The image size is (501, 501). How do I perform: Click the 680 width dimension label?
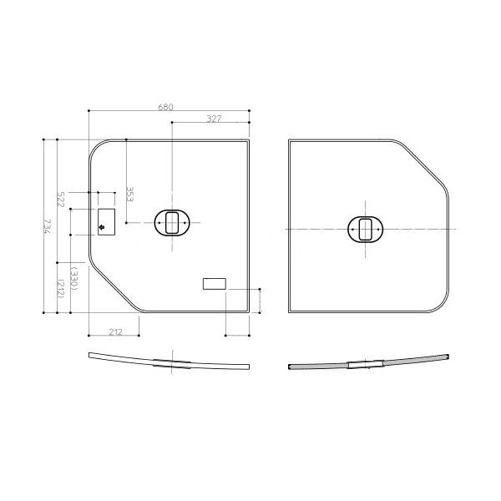(x=165, y=107)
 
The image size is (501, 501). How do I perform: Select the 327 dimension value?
(x=213, y=119)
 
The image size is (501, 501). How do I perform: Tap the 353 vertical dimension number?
(x=130, y=195)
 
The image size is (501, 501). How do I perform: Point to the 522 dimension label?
(x=61, y=200)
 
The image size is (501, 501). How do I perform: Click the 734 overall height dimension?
(x=48, y=227)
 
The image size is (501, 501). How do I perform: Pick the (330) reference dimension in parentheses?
(x=74, y=278)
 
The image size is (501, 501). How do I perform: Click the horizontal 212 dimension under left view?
(x=115, y=331)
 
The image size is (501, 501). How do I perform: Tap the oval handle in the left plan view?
(x=172, y=223)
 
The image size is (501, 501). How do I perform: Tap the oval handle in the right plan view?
(x=365, y=229)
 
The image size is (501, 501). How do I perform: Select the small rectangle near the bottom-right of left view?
(x=214, y=284)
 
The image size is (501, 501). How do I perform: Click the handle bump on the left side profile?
(x=172, y=362)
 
